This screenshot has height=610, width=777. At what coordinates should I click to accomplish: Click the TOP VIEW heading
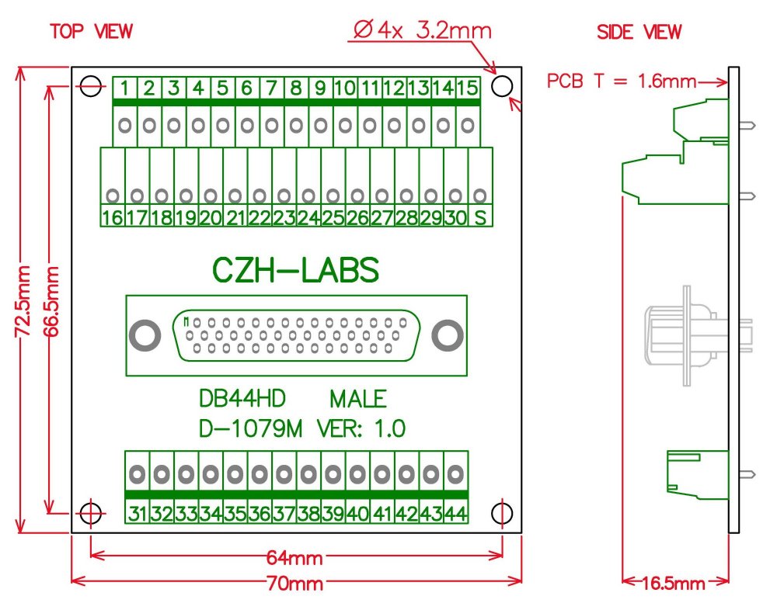tap(91, 32)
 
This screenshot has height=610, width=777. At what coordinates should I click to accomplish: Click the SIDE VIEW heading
tap(639, 33)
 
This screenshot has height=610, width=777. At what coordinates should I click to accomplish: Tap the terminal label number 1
tap(124, 88)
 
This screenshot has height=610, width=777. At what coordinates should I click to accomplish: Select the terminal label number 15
tap(466, 88)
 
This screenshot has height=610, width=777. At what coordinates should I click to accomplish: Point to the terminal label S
tap(480, 218)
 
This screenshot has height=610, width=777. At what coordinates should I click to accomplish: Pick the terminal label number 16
tap(112, 218)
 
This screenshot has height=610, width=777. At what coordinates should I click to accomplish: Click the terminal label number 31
tap(138, 513)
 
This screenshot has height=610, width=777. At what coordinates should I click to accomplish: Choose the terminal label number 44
tap(455, 513)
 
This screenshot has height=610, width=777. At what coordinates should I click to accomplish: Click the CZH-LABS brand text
tap(296, 271)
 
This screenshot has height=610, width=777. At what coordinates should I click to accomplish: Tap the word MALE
tap(358, 400)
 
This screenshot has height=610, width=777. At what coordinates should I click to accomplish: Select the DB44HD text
tap(243, 400)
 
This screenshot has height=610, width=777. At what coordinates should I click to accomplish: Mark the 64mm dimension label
tap(296, 558)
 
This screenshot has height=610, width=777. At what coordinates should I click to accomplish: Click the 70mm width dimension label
tap(296, 583)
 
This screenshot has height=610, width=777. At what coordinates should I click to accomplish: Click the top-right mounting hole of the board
tap(501, 85)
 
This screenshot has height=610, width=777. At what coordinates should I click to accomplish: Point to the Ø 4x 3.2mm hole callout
tap(423, 32)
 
